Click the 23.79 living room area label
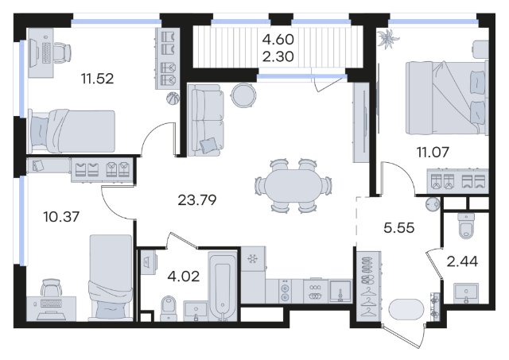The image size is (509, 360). pyautogui.click(x=197, y=200)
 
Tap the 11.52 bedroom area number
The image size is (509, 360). pyautogui.click(x=97, y=79)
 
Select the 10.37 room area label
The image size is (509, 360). pyautogui.click(x=61, y=216)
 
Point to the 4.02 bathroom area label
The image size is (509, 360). pyautogui.click(x=184, y=277)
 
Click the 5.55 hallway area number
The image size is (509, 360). pyautogui.click(x=399, y=227)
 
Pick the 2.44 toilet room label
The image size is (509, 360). pyautogui.click(x=462, y=261)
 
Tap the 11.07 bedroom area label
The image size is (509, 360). pyautogui.click(x=433, y=152)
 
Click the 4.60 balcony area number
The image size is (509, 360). pyautogui.click(x=278, y=40)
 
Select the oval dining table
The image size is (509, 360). pyautogui.click(x=293, y=186)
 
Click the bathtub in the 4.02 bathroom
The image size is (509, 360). pyautogui.click(x=223, y=286)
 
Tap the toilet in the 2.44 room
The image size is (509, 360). pyautogui.click(x=465, y=226)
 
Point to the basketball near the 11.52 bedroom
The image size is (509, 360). pyautogui.click(x=173, y=99)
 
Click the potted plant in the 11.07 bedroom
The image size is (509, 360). pyautogui.click(x=388, y=38)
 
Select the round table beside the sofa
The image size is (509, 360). pyautogui.click(x=243, y=95)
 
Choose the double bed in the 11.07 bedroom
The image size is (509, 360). pyautogui.click(x=447, y=98)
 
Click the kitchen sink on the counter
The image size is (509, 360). pyautogui.click(x=340, y=292)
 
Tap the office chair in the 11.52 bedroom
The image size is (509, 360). pyautogui.click(x=62, y=52)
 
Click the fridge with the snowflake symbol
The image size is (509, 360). pyautogui.click(x=253, y=259)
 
